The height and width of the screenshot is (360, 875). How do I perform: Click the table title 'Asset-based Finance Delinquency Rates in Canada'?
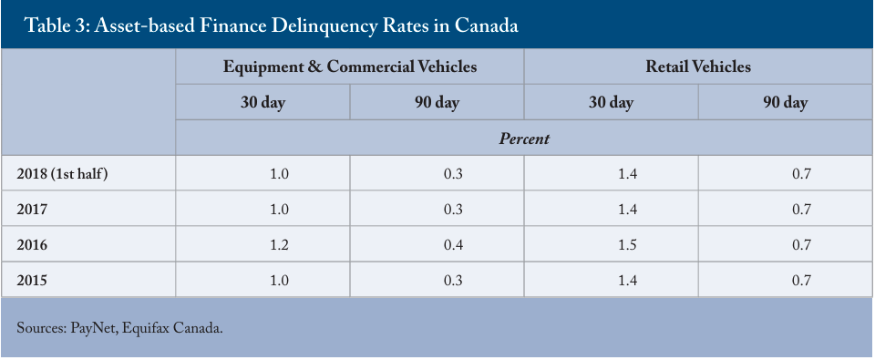[306, 26]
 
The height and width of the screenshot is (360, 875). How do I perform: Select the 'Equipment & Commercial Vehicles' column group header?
[350, 67]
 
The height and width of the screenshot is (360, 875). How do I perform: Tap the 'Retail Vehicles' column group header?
[698, 67]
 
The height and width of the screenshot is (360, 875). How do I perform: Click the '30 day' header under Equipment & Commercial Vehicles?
[262, 103]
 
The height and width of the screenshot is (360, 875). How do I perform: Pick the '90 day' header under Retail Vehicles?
[786, 103]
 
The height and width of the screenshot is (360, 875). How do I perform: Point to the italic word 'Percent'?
[524, 139]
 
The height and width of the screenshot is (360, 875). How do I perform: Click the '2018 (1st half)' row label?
[62, 173]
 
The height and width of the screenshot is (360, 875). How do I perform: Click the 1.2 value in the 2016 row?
[280, 244]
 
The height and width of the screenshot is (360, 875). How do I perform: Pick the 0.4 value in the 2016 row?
[454, 244]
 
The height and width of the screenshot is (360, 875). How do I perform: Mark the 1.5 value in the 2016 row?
[628, 244]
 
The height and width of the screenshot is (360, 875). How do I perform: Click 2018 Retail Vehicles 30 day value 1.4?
[628, 173]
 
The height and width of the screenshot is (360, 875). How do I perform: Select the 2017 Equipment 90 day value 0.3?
[454, 210]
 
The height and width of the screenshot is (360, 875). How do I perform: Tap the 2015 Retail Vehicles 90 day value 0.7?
[801, 280]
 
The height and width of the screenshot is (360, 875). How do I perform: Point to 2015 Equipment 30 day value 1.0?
[280, 280]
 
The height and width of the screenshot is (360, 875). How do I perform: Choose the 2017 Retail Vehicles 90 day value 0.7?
[801, 210]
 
